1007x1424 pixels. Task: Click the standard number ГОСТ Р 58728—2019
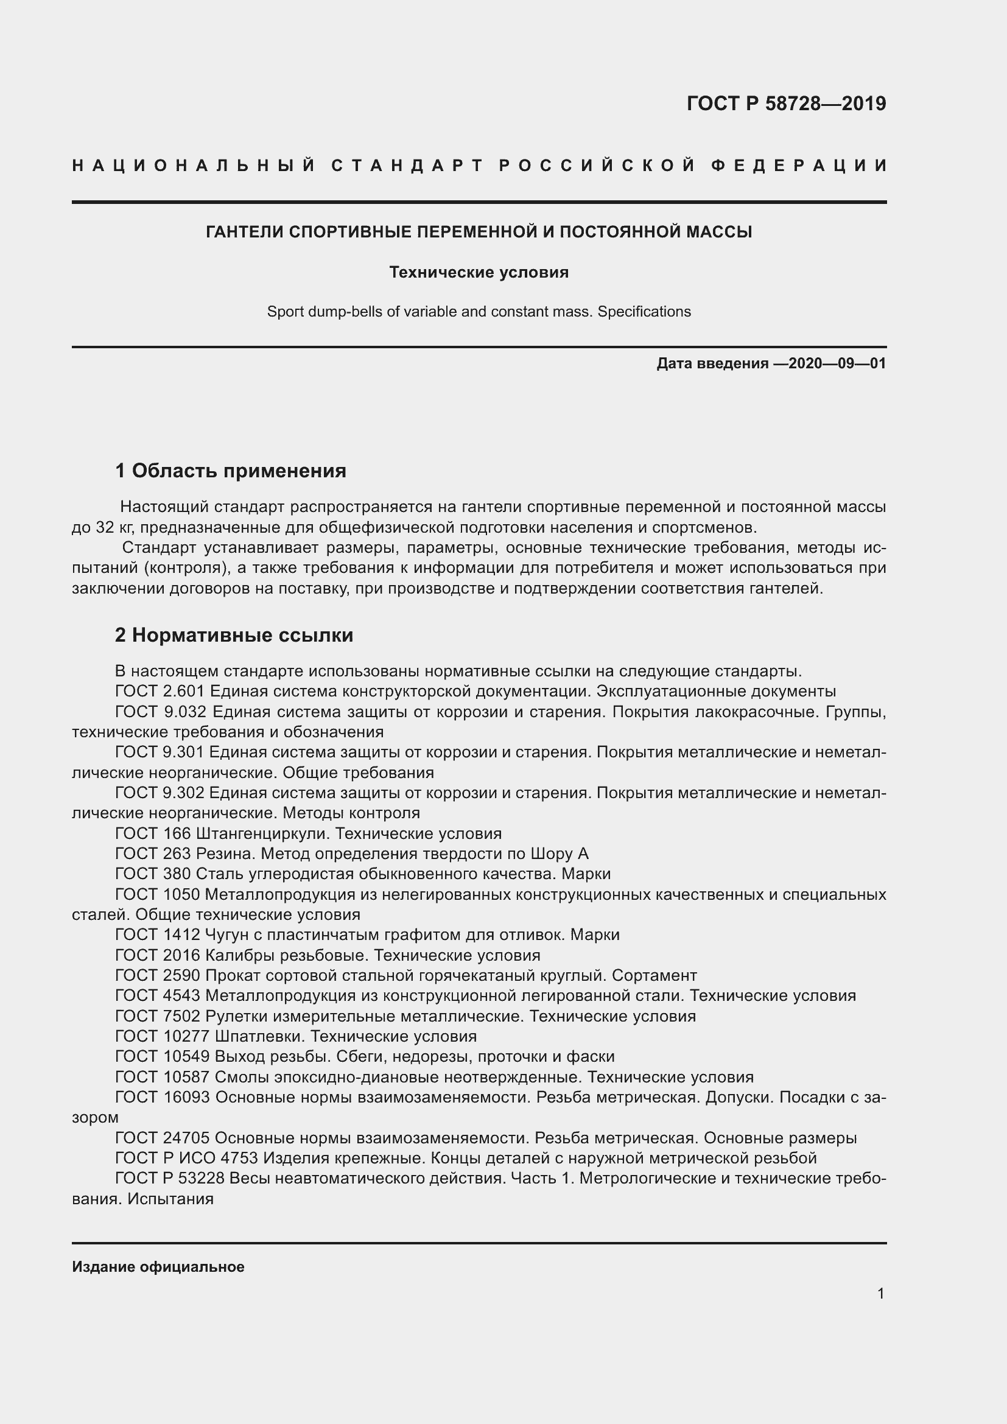click(785, 103)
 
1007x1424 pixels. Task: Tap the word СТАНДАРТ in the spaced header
click(407, 166)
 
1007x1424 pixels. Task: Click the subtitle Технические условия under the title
click(479, 272)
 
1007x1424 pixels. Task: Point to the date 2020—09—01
click(837, 363)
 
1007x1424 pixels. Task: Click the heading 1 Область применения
click(230, 471)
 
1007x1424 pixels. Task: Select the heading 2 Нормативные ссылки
click(234, 635)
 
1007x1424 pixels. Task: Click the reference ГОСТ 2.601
click(160, 691)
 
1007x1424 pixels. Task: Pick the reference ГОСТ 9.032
click(160, 711)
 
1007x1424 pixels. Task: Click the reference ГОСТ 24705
click(163, 1137)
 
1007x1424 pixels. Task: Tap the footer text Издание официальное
click(158, 1266)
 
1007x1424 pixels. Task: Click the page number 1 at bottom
click(880, 1293)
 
